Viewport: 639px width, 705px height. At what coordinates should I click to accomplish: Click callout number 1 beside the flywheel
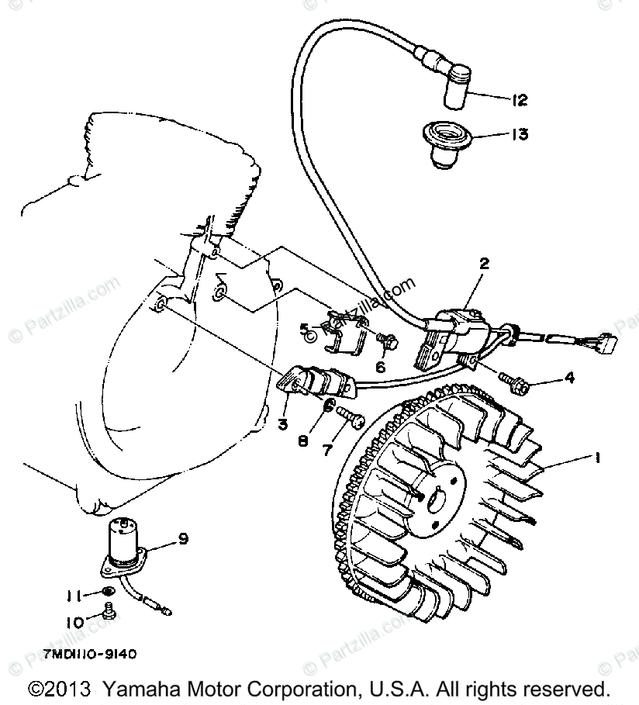[598, 458]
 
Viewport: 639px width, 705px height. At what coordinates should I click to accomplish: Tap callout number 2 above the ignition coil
[484, 264]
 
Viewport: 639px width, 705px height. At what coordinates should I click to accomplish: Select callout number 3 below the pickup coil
[284, 423]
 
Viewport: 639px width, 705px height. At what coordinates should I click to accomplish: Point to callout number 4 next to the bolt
[569, 378]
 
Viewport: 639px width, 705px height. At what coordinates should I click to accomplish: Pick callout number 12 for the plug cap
[520, 99]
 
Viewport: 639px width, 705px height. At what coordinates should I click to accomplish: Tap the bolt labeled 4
[512, 379]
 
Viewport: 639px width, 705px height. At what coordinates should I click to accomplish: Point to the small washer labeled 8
[329, 408]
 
